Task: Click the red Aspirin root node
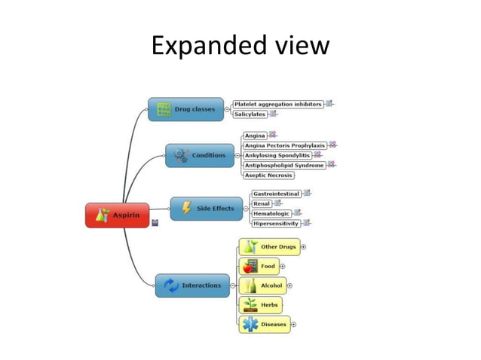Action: pos(117,215)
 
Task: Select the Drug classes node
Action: pos(186,109)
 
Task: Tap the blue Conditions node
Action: pos(200,155)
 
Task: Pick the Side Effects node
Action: pos(206,209)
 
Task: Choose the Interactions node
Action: pos(192,285)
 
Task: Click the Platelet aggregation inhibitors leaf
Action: pos(277,104)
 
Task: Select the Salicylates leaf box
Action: pos(250,114)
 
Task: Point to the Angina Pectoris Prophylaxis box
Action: pos(285,145)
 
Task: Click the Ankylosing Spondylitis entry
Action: pos(277,155)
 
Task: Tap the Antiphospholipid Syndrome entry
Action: pos(284,165)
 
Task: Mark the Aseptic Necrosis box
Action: pos(268,175)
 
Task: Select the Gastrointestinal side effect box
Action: pos(276,194)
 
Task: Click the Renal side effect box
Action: pos(262,203)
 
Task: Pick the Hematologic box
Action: pos(271,214)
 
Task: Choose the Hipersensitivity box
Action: pos(276,224)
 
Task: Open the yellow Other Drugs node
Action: pos(269,247)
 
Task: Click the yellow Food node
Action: pos(259,266)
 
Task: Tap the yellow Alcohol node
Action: pos(262,285)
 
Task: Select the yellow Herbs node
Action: pos(261,305)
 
